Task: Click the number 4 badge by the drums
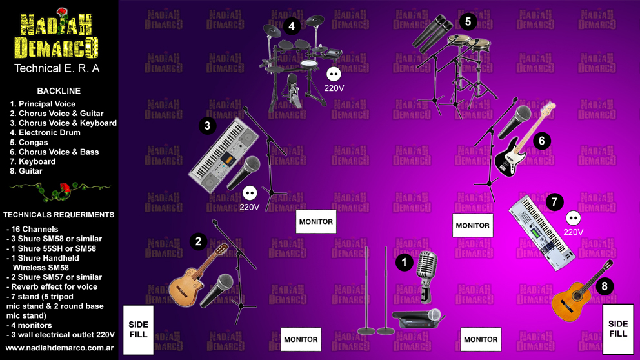(292, 26)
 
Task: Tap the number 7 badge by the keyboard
(554, 202)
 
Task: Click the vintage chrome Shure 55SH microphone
(427, 276)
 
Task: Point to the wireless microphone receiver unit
(417, 319)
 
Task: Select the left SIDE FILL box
(138, 330)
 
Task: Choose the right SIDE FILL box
(618, 329)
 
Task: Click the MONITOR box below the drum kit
(316, 222)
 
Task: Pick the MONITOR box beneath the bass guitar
(473, 225)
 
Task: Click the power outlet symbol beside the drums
(334, 74)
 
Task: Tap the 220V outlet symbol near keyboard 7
(573, 218)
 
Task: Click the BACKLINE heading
(59, 91)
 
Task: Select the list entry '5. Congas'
(29, 143)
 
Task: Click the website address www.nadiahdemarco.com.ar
(59, 348)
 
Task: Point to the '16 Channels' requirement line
(32, 230)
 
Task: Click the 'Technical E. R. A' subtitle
(57, 68)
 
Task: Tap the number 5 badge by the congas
(468, 22)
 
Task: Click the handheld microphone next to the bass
(515, 122)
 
